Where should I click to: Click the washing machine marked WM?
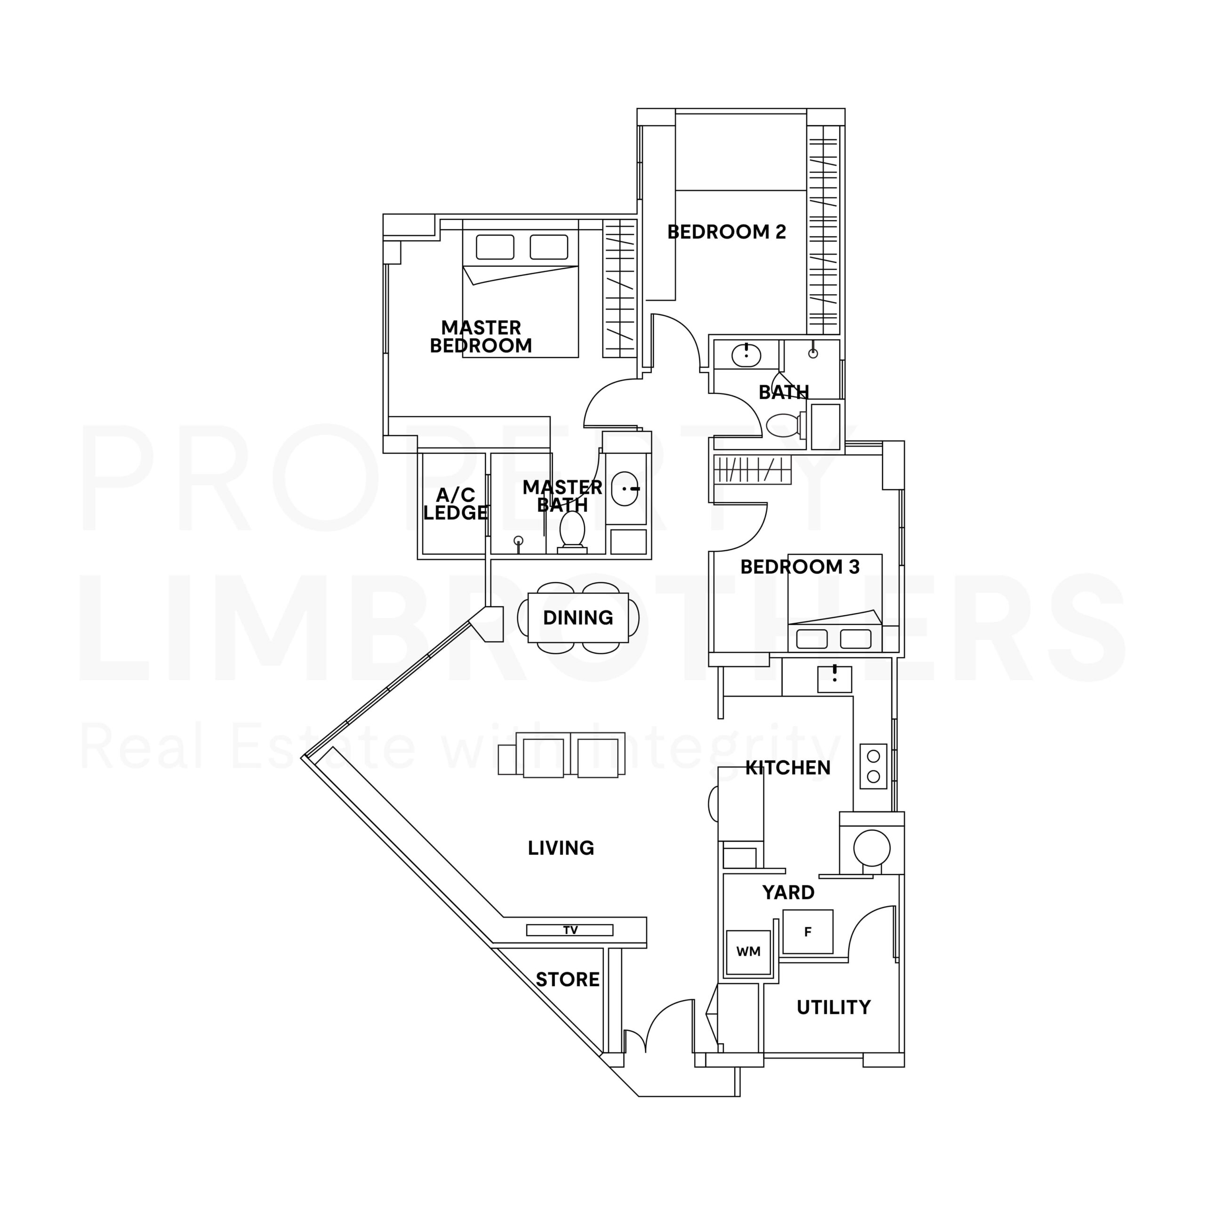(x=748, y=952)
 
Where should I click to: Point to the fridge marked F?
(x=808, y=932)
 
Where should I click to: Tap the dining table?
(x=578, y=618)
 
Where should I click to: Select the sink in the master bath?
(x=624, y=489)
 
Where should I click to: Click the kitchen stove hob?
(x=873, y=766)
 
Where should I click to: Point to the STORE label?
(x=567, y=980)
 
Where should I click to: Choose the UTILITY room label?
(x=833, y=1007)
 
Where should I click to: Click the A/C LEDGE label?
(x=455, y=504)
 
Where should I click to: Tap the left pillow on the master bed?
(x=495, y=247)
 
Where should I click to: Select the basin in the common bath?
(x=746, y=355)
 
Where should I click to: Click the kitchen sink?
(x=835, y=679)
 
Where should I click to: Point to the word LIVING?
(x=561, y=848)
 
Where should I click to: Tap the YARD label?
(x=788, y=892)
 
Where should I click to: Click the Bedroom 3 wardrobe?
(x=752, y=470)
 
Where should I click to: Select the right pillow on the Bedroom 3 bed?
(x=855, y=639)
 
